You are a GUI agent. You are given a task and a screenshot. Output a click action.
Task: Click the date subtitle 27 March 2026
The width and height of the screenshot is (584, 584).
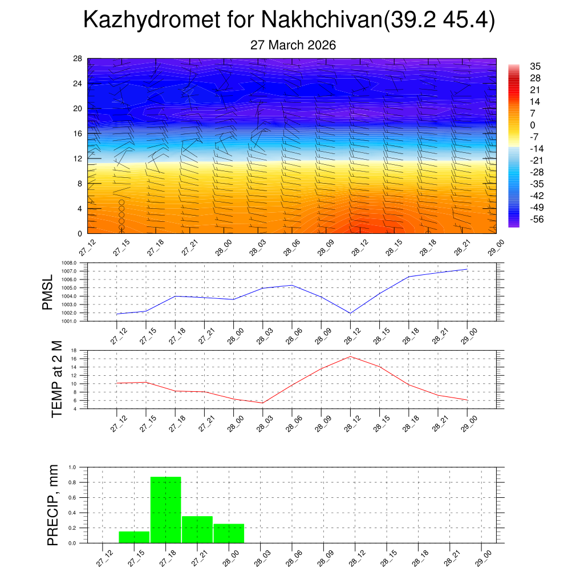coord(293,45)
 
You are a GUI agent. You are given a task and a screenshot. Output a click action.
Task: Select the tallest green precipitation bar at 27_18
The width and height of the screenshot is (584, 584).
coord(165,509)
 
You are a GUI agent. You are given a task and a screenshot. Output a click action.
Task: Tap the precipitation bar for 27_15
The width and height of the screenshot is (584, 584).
coord(134,537)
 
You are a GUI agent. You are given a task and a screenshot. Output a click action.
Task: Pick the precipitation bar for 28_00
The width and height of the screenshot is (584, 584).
coord(229,533)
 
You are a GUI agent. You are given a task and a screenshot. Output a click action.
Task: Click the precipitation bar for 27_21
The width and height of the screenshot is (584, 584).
coord(197,529)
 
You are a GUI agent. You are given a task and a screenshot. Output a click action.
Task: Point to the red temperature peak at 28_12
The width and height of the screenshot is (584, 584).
coord(350,356)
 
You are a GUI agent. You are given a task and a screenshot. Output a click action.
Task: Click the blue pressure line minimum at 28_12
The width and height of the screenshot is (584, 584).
coord(350,313)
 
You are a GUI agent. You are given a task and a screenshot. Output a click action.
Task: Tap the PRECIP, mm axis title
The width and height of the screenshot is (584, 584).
coord(53,505)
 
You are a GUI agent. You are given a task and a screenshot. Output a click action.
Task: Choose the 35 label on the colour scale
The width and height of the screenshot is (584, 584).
coord(535,66)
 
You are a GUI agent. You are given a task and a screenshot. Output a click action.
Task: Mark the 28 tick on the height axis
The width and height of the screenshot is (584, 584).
coord(78,59)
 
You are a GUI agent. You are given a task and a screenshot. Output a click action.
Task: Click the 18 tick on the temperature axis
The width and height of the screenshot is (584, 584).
coord(74,350)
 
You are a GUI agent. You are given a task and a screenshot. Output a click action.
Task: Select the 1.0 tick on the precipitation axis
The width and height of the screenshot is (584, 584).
coord(72,467)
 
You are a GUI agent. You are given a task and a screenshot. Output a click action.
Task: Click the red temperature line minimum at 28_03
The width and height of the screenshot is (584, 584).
coord(262,403)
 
